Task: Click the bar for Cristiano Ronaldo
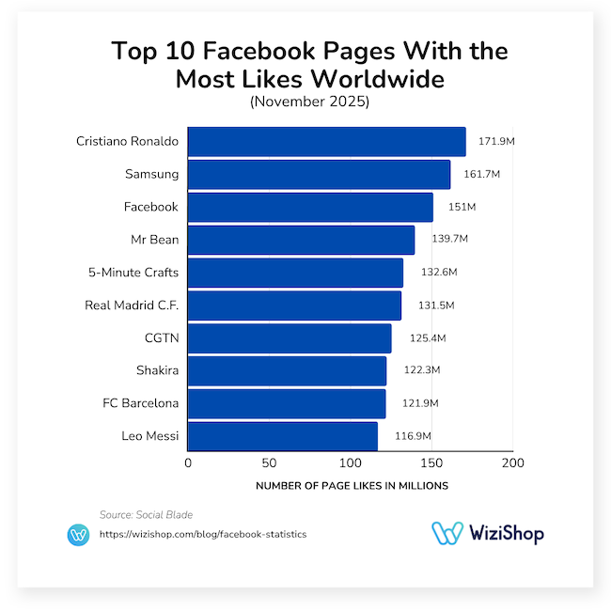click(x=326, y=142)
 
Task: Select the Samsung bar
click(x=319, y=175)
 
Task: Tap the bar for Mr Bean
click(x=301, y=240)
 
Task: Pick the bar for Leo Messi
click(x=282, y=436)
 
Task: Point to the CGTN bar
click(x=290, y=338)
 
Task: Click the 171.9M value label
click(x=495, y=141)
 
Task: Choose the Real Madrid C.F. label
click(x=132, y=305)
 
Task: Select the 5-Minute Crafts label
click(x=133, y=273)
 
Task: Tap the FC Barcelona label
click(x=140, y=403)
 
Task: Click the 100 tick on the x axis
click(x=351, y=463)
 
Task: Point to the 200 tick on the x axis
click(x=512, y=463)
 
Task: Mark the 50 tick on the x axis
click(x=269, y=463)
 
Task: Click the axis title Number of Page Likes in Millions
click(x=352, y=486)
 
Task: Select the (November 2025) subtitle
click(x=309, y=102)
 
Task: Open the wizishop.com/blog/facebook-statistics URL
click(x=202, y=534)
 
